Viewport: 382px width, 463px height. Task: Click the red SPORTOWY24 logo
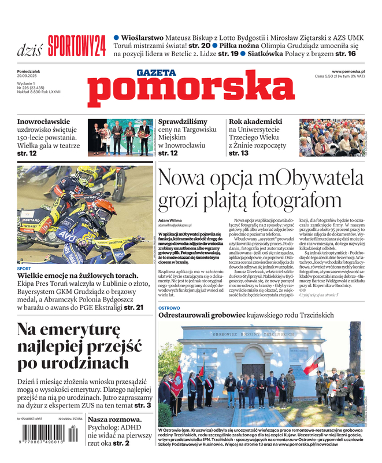(76, 45)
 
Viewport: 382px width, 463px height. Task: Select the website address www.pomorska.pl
(348, 71)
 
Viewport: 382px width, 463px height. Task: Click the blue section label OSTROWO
(169, 308)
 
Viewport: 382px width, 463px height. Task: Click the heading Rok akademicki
(255, 122)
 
